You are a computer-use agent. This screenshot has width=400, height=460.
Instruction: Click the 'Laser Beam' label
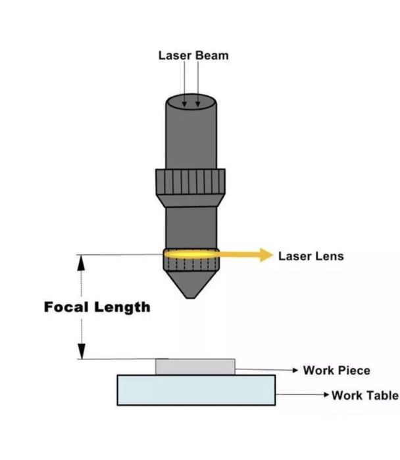click(x=193, y=55)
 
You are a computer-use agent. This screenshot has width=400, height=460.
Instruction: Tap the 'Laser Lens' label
click(x=311, y=256)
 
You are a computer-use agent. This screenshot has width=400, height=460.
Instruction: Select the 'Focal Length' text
click(x=97, y=307)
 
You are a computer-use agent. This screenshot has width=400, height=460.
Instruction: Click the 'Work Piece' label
click(x=336, y=371)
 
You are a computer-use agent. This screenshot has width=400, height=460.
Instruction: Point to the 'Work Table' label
click(x=364, y=395)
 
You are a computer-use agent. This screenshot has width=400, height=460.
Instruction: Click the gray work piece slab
click(x=195, y=367)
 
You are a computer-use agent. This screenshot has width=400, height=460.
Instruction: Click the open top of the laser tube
click(x=191, y=102)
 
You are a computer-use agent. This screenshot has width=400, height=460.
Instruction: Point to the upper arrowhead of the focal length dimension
click(x=82, y=262)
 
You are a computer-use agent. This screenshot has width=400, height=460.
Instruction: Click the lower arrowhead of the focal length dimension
click(x=82, y=352)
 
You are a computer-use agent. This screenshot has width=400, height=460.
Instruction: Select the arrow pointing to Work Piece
click(x=266, y=371)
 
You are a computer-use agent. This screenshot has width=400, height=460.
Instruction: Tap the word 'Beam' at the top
click(x=212, y=55)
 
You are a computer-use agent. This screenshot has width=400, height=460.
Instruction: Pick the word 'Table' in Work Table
click(x=381, y=395)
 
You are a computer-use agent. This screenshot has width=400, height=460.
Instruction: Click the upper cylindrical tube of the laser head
click(x=191, y=135)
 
